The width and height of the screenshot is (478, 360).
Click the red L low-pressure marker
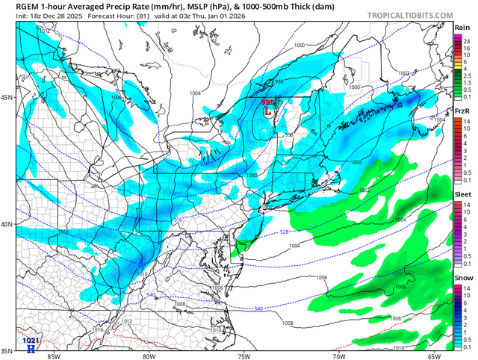268,112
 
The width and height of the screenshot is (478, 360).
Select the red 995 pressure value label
267,102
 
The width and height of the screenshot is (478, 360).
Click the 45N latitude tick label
8,98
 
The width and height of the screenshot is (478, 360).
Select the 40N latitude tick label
8,225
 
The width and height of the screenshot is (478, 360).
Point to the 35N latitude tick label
8,350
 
